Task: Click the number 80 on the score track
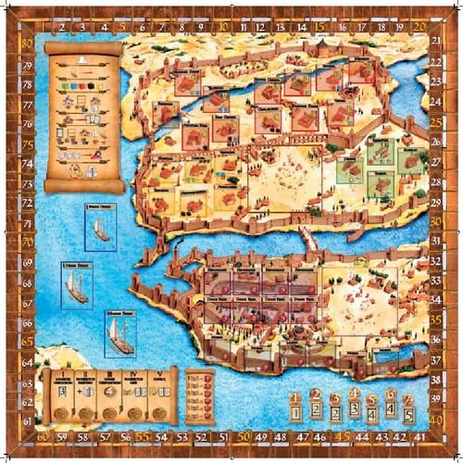[27, 42]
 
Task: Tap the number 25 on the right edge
[436, 122]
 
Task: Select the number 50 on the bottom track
[244, 436]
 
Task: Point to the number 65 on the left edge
[27, 341]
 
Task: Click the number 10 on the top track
[224, 28]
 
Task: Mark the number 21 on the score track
[436, 42]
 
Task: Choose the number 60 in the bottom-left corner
[42, 436]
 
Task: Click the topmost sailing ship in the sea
[101, 228]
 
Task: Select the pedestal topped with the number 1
[296, 407]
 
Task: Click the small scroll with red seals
[196, 394]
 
